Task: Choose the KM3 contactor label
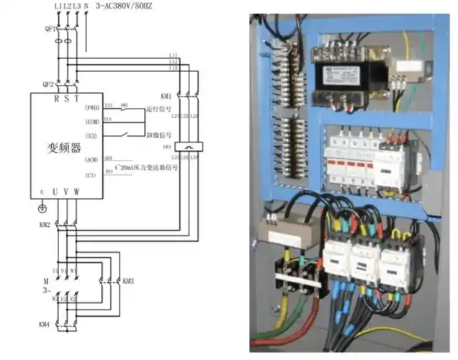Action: coord(128,279)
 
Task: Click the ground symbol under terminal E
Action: coord(42,208)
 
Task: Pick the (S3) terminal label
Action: coord(91,135)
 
